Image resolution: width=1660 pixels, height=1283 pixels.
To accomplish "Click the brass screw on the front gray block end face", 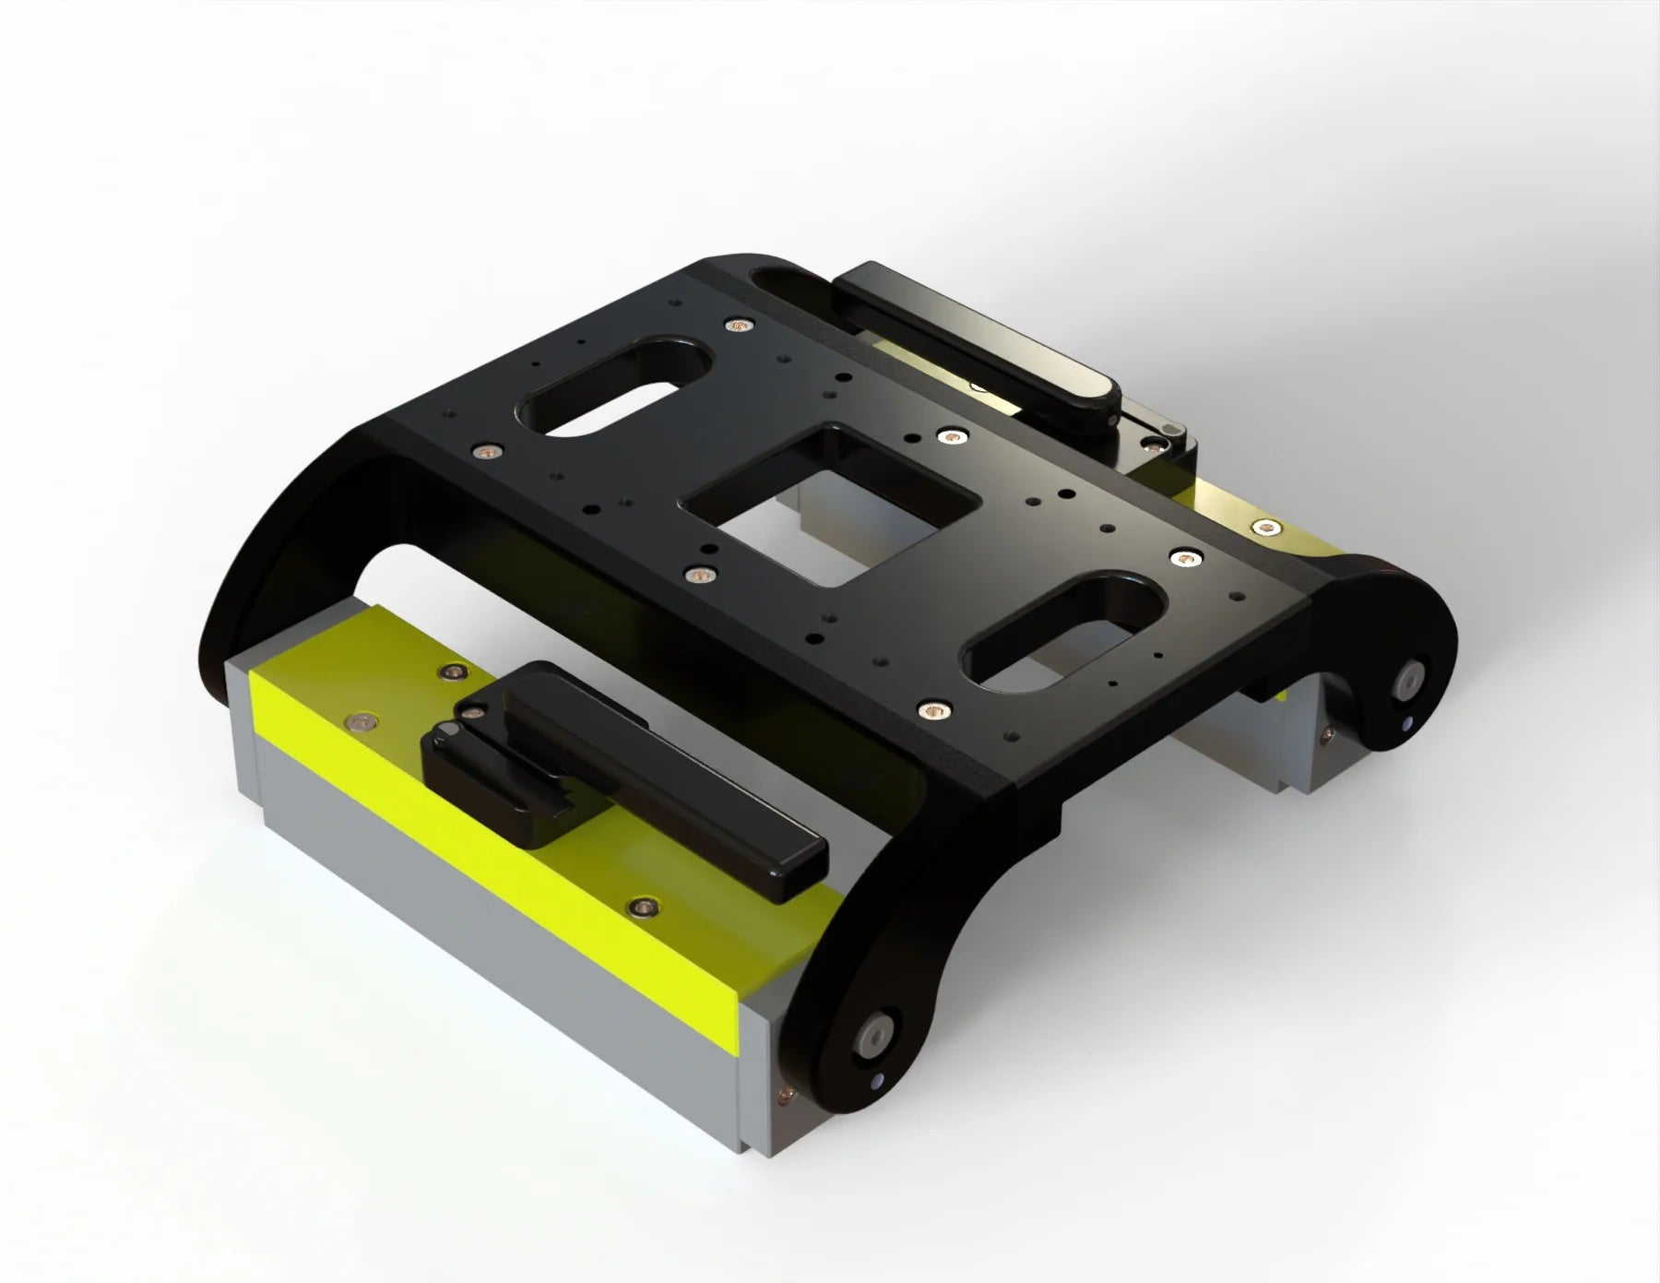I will tap(785, 1094).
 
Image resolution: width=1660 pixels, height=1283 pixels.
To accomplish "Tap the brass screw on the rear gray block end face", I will tap(1328, 734).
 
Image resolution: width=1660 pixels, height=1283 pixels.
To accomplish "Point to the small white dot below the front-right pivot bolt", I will tap(877, 1082).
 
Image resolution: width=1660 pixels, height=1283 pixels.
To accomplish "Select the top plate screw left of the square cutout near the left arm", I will tap(487, 450).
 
